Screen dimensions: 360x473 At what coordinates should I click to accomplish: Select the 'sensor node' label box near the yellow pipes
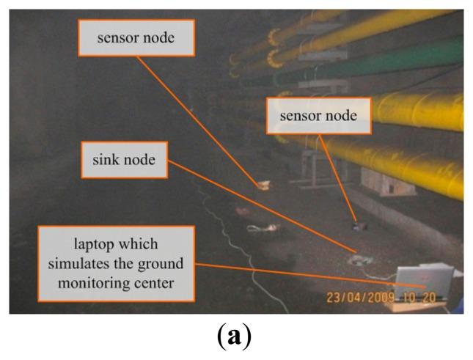tap(319, 117)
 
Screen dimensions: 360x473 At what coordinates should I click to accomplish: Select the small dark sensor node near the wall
tap(358, 227)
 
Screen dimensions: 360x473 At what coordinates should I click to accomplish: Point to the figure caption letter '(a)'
tap(236, 339)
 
